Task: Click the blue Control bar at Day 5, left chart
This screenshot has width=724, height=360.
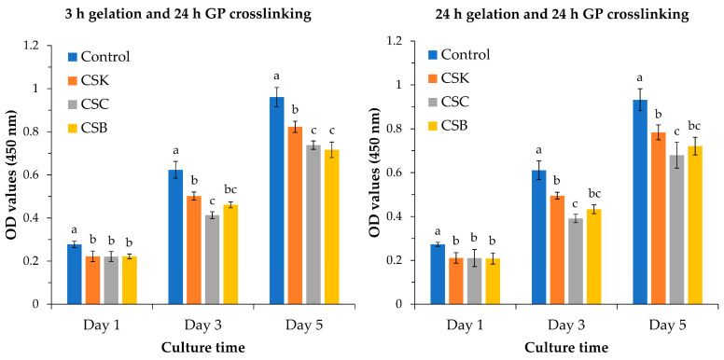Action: point(276,201)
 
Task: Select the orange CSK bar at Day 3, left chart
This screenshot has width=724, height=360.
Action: point(194,250)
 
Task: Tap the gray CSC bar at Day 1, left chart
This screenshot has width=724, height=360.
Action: point(111,281)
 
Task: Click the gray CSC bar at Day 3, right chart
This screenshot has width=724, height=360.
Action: point(576,261)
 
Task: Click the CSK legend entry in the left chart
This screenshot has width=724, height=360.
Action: point(89,82)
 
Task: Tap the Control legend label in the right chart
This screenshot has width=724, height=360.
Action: point(465,55)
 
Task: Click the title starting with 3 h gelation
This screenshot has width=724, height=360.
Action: point(188,14)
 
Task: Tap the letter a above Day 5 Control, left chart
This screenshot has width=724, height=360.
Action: point(276,76)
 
